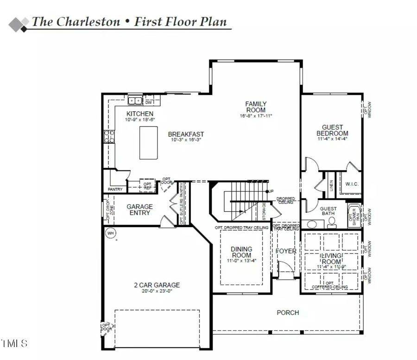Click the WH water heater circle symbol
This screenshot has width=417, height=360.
[x=110, y=233]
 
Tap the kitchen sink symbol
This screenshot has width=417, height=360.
[x=135, y=101]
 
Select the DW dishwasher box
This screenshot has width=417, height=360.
[x=149, y=102]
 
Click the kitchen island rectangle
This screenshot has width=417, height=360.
[x=149, y=143]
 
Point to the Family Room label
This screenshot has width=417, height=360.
[x=256, y=107]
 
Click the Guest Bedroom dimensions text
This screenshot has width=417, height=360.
[x=332, y=139]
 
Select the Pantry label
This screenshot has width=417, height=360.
[x=114, y=189]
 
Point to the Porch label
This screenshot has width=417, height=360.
[x=288, y=313]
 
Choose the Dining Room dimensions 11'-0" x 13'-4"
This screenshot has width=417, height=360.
[x=241, y=261]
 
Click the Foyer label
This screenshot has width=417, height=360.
[x=286, y=251]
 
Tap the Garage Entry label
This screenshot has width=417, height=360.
[x=139, y=209]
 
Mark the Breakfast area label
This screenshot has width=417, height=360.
[x=186, y=134]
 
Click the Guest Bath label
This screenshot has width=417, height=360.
[x=329, y=211]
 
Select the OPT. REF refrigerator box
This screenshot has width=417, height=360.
[x=148, y=186]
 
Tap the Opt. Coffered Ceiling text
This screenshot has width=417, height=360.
[x=330, y=285]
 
